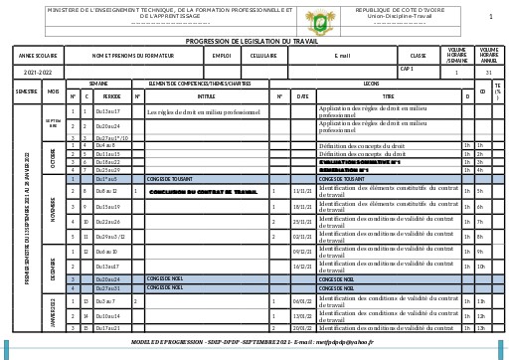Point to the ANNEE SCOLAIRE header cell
39,57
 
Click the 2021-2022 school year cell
39,73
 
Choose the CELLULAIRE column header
263,57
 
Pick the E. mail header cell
343,57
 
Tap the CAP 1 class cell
407,70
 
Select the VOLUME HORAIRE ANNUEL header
489,56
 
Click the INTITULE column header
206,96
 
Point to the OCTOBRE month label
53,159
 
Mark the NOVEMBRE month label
53,213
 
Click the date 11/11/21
302,191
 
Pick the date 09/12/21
302,253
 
